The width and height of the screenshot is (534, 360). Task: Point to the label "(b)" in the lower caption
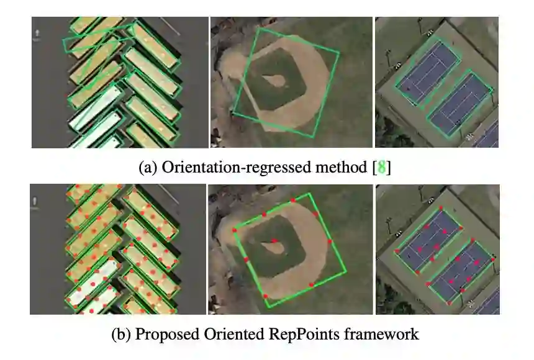click(121, 335)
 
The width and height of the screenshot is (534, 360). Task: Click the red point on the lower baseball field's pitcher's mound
click(274, 240)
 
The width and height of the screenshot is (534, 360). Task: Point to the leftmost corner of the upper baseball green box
click(232, 112)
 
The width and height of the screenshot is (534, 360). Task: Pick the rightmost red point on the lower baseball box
click(330, 241)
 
